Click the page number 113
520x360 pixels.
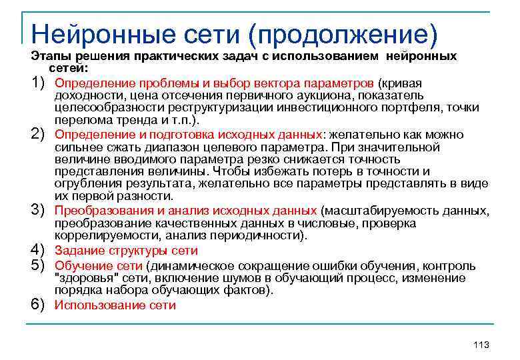click(x=480, y=344)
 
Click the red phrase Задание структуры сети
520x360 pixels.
click(x=126, y=251)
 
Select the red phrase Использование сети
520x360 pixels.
click(x=115, y=305)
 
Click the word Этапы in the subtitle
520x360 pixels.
click(x=47, y=56)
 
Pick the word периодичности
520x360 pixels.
click(x=264, y=235)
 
